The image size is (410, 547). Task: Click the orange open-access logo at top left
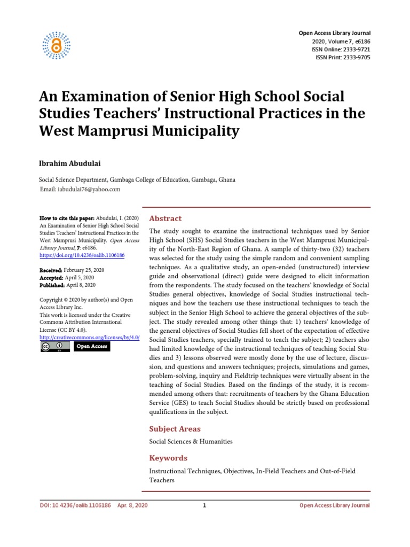[56, 43]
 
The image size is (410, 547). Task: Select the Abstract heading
[165, 218]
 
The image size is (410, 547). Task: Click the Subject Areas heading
[175, 429]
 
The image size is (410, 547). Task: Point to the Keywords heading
[168, 458]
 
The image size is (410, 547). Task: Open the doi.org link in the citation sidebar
[82, 256]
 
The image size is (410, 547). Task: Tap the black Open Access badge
[91, 347]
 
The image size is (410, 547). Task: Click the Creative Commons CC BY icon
[55, 347]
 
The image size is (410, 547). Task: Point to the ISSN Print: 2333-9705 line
[343, 58]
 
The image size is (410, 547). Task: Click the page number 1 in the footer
[204, 505]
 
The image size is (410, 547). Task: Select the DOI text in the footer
[75, 505]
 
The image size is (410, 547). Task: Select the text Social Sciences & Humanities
[191, 442]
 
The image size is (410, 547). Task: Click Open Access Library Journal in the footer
[334, 505]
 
